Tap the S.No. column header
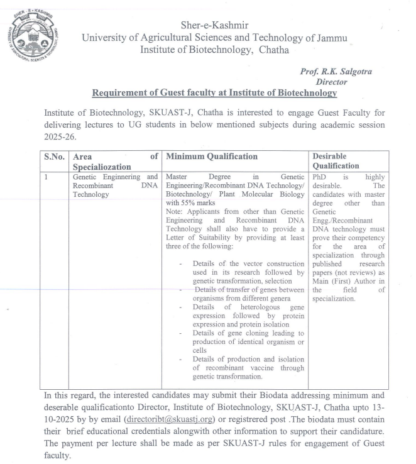click(x=54, y=156)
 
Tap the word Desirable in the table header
click(x=333, y=155)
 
